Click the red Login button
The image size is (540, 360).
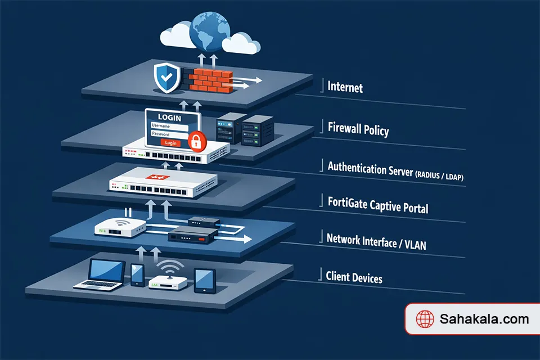point(171,143)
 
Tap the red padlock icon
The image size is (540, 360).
point(195,140)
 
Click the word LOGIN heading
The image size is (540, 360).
point(169,117)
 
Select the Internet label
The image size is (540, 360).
point(345,88)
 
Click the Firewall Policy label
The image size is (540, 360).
point(358,129)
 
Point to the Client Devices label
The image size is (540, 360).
point(354,277)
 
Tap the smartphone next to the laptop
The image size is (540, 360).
point(138,274)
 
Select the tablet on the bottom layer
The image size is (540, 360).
point(204,279)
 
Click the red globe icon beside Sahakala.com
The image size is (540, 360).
point(425,319)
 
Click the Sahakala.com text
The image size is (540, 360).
point(484,319)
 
